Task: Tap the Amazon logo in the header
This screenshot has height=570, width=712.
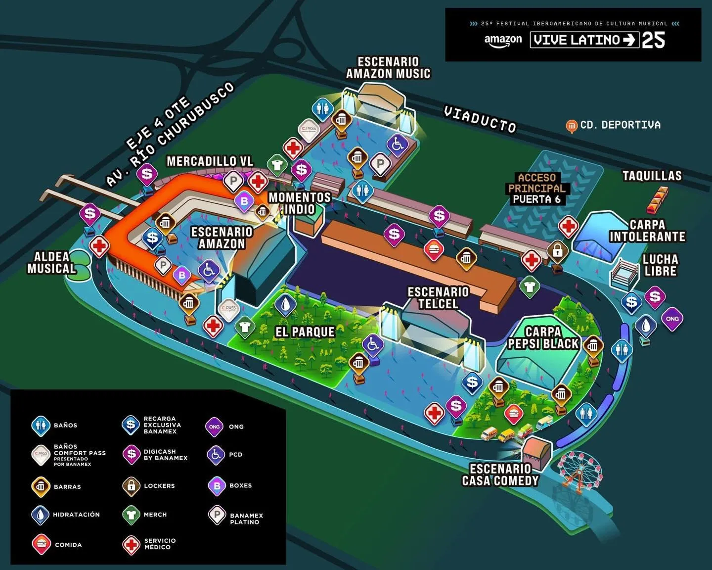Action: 503,40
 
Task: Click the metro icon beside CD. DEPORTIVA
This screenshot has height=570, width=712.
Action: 572,126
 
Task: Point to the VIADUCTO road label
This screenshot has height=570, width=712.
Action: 480,119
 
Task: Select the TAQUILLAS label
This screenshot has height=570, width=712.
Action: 652,176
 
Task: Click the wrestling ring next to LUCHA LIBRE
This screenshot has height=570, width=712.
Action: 625,274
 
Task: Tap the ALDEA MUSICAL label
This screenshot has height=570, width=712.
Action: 51,263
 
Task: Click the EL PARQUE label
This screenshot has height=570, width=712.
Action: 305,332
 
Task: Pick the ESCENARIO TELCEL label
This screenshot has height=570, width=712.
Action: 438,298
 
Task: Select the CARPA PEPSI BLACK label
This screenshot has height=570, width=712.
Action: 543,338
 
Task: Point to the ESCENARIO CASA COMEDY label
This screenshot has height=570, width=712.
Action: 500,475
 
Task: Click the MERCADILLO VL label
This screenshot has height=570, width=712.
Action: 210,161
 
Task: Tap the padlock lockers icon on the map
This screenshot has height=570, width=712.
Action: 558,251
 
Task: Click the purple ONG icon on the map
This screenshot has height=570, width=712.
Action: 672,319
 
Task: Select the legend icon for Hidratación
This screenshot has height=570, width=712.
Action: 40,515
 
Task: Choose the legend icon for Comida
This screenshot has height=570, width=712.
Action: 41,544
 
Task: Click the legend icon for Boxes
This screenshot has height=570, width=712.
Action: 217,485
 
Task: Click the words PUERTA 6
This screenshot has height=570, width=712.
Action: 536,199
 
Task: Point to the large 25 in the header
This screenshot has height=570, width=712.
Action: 653,40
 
